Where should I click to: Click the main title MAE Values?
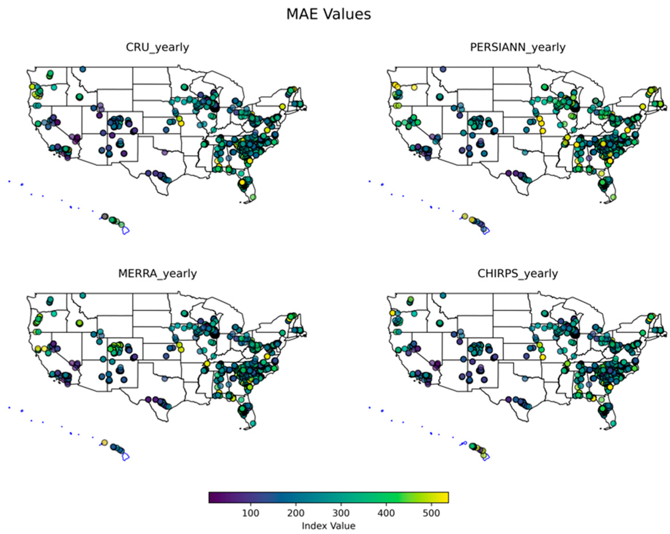click(x=328, y=14)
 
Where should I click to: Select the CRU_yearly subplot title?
click(x=157, y=47)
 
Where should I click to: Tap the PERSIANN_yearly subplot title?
click(x=517, y=47)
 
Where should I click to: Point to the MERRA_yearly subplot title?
click(x=157, y=273)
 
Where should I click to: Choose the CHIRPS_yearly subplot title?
click(x=517, y=273)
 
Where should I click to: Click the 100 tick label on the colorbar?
click(x=250, y=513)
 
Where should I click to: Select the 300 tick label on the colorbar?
click(x=341, y=513)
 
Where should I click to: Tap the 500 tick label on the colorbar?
click(x=431, y=513)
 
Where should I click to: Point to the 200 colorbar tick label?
click(x=296, y=513)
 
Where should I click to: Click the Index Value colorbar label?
click(x=328, y=526)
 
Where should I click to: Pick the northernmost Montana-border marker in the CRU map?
click(x=83, y=69)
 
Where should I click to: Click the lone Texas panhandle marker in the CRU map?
click(x=165, y=152)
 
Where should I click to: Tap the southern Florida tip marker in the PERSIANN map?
click(x=613, y=197)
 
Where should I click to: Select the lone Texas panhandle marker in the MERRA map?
click(x=165, y=379)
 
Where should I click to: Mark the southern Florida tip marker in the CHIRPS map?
click(x=613, y=423)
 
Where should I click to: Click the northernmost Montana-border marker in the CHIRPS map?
click(x=443, y=295)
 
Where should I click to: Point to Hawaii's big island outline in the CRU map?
click(x=125, y=231)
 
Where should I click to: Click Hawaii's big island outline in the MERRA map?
click(x=125, y=457)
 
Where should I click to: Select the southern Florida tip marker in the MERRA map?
click(x=253, y=423)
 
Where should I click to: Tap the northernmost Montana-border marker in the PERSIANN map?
click(x=443, y=69)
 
